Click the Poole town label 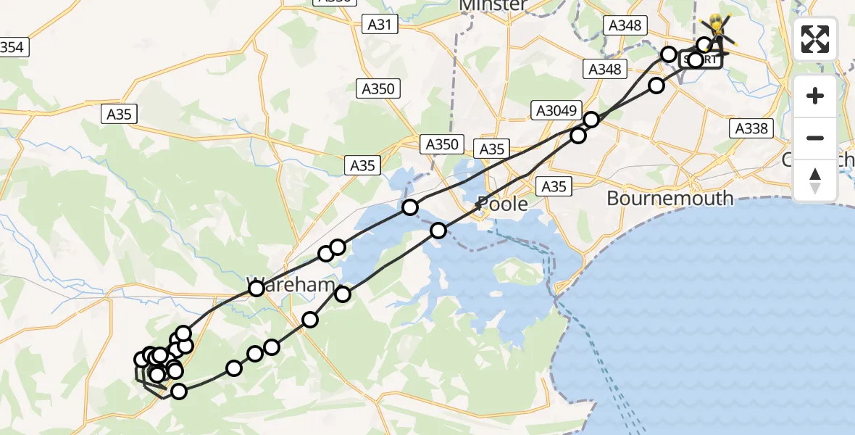503,204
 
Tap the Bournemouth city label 670,198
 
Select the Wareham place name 291,284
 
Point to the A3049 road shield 557,111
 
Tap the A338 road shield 751,129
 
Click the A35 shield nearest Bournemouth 554,187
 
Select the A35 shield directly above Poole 492,149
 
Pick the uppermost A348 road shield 625,25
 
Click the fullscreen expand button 815,39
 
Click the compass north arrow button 815,181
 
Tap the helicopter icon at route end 718,32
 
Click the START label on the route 701,60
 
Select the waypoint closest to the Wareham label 256,289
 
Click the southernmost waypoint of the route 178,391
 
